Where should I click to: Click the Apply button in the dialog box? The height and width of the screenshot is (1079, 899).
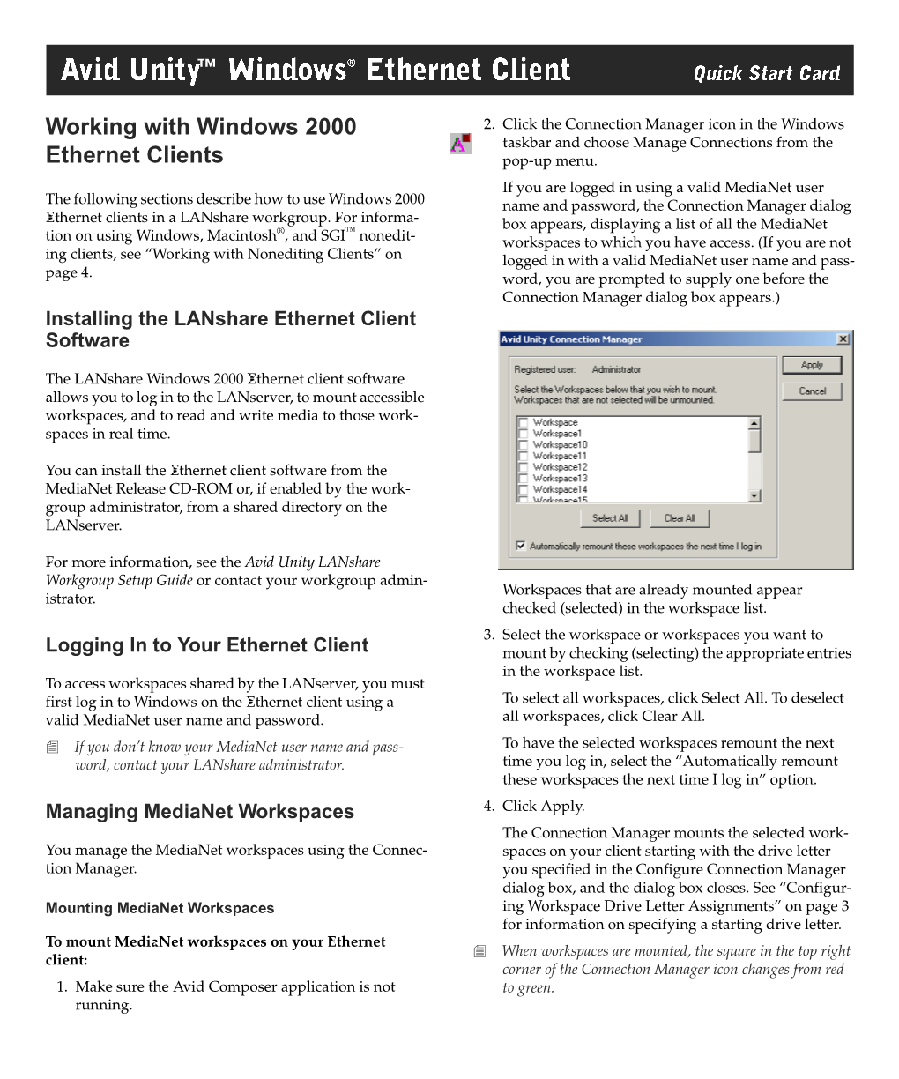coord(812,365)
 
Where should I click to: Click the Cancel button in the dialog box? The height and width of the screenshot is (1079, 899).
coord(812,391)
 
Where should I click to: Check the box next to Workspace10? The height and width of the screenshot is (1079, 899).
coord(523,445)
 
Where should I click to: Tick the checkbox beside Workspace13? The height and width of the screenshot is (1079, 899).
coord(523,479)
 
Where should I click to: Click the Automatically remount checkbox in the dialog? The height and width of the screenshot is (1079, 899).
coord(521,547)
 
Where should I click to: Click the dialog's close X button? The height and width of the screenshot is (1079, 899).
coord(843,339)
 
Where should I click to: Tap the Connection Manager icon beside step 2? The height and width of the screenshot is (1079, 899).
coord(461,143)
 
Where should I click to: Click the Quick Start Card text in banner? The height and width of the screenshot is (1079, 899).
coord(766,74)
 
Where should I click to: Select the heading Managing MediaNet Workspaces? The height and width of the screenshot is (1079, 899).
coord(200,812)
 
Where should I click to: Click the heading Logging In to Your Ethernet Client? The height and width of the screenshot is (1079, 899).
coord(207,645)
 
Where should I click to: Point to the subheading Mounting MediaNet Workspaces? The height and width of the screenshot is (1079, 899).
coord(160,908)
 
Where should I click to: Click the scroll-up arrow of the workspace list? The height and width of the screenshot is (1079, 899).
coord(754,423)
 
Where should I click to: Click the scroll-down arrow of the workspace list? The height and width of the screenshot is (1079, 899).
coord(754,496)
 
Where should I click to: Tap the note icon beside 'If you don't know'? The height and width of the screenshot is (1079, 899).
coord(53,748)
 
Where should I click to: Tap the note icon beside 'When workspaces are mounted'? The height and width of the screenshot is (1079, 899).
coord(479,951)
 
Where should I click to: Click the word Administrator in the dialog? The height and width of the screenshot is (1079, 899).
coord(616,369)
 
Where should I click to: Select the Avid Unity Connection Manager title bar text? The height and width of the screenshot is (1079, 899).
coord(571,339)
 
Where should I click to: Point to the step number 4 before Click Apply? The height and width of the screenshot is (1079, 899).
coord(488,806)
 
